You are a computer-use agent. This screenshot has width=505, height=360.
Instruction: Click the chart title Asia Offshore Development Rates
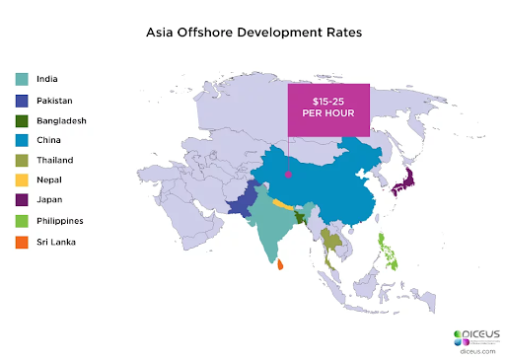point(252,32)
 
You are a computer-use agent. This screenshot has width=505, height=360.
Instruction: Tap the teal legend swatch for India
point(21,80)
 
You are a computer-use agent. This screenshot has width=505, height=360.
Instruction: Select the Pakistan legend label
point(54,101)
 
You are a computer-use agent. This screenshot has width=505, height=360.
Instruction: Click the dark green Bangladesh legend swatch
point(21,120)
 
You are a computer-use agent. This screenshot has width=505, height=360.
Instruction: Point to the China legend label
point(48,140)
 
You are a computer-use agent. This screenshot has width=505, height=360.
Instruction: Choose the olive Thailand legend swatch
point(21,161)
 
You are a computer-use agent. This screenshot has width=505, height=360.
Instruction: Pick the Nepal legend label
point(48,180)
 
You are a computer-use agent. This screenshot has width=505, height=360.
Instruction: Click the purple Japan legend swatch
point(21,201)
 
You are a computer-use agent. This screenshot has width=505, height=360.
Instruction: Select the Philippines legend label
point(58,221)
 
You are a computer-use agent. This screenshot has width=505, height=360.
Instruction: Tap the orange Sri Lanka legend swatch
point(21,242)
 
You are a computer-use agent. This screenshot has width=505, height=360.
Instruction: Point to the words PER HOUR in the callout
point(328,118)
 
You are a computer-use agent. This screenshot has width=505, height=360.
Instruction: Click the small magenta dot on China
point(288,175)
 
